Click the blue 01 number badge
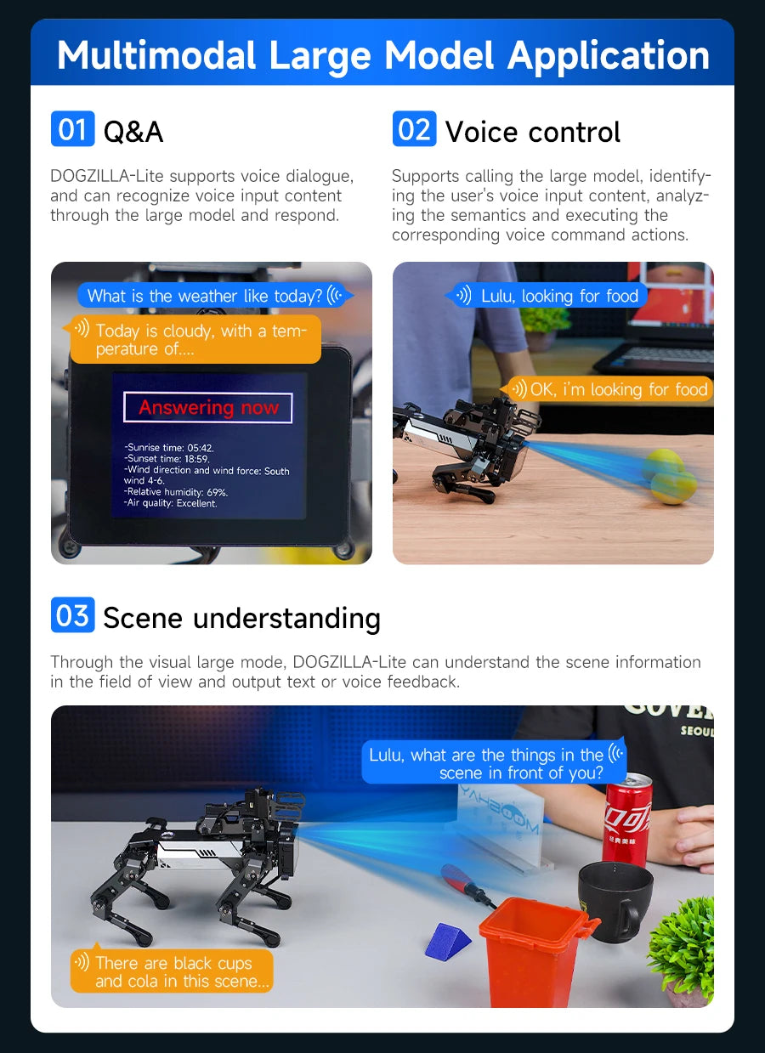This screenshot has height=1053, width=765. [x=72, y=129]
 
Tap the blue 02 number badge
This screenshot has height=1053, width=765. [x=414, y=129]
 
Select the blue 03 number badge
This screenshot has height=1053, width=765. [x=72, y=615]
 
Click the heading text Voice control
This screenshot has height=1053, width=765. [x=533, y=133]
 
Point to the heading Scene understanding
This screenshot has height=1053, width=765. [x=241, y=618]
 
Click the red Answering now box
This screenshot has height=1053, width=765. [x=208, y=408]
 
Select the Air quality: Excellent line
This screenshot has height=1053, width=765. [x=171, y=503]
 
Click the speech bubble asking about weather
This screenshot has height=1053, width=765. [x=213, y=296]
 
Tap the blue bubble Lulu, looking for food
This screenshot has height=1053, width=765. [x=548, y=296]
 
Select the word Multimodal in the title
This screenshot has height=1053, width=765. [x=156, y=56]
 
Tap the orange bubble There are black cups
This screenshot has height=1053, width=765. [x=173, y=971]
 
